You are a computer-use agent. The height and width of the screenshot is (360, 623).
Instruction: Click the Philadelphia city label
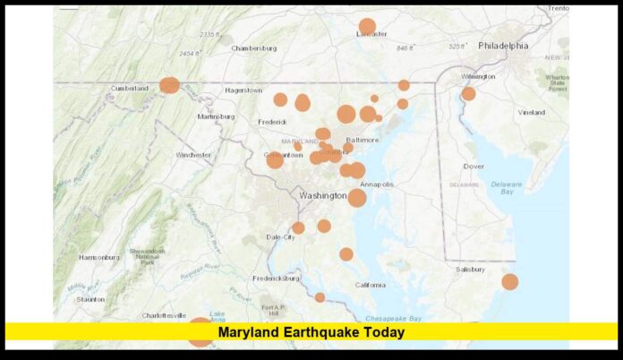click(x=502, y=46)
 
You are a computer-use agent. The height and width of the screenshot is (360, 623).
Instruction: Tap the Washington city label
click(x=322, y=194)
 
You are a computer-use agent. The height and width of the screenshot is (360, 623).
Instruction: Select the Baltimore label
click(x=363, y=140)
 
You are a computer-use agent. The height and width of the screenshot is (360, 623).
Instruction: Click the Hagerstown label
click(x=243, y=90)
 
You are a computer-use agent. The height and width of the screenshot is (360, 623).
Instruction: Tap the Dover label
click(x=474, y=167)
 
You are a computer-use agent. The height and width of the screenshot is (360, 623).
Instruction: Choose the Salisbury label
click(x=469, y=269)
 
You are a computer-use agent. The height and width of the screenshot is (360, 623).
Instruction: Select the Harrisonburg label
click(x=98, y=257)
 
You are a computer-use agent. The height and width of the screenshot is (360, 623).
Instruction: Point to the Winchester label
click(x=193, y=155)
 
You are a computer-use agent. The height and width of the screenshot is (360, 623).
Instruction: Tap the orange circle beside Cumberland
click(x=169, y=85)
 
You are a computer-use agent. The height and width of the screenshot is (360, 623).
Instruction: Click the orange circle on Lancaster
click(x=367, y=26)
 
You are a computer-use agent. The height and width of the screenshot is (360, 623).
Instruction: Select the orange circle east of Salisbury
click(x=509, y=281)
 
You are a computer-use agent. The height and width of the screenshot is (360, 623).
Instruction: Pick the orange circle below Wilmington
click(x=468, y=93)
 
